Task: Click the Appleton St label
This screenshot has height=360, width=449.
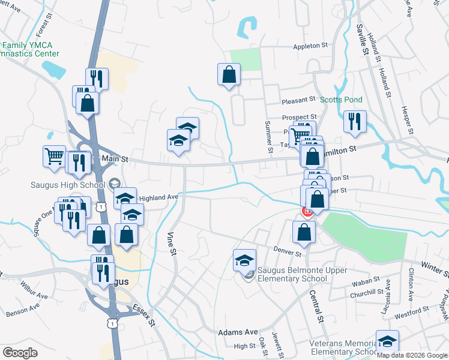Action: click(311, 46)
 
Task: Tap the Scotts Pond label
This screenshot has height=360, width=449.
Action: click(340, 100)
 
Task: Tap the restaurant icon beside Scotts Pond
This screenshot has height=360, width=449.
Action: click(355, 121)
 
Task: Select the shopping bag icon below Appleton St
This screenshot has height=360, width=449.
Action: click(229, 75)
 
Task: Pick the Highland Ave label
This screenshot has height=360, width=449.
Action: click(159, 197)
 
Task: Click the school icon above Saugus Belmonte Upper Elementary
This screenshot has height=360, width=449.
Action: click(244, 260)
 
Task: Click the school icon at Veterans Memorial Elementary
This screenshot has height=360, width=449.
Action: click(387, 341)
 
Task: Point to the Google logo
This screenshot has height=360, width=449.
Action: click(20, 353)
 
